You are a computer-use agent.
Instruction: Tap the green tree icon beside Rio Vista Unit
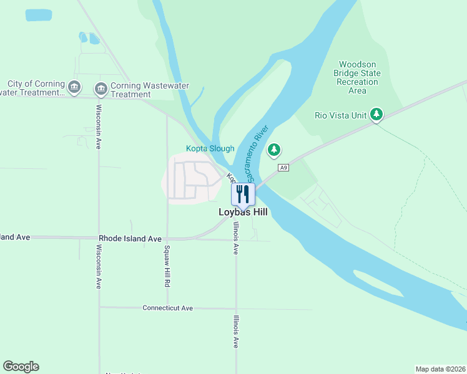click(376, 114)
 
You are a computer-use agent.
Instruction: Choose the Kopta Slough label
click(210, 148)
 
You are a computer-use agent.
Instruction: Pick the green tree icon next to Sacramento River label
click(274, 150)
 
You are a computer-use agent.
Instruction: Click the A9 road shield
click(284, 168)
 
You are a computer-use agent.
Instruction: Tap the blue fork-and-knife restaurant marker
click(243, 194)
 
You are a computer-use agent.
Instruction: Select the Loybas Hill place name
click(243, 213)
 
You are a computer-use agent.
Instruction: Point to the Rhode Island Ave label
click(130, 239)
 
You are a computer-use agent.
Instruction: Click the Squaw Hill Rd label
click(167, 266)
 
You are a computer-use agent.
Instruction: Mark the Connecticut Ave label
click(167, 308)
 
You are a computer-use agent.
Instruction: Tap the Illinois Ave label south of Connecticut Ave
click(236, 331)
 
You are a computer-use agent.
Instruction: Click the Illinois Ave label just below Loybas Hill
click(236, 238)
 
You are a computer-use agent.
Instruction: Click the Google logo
click(21, 367)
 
